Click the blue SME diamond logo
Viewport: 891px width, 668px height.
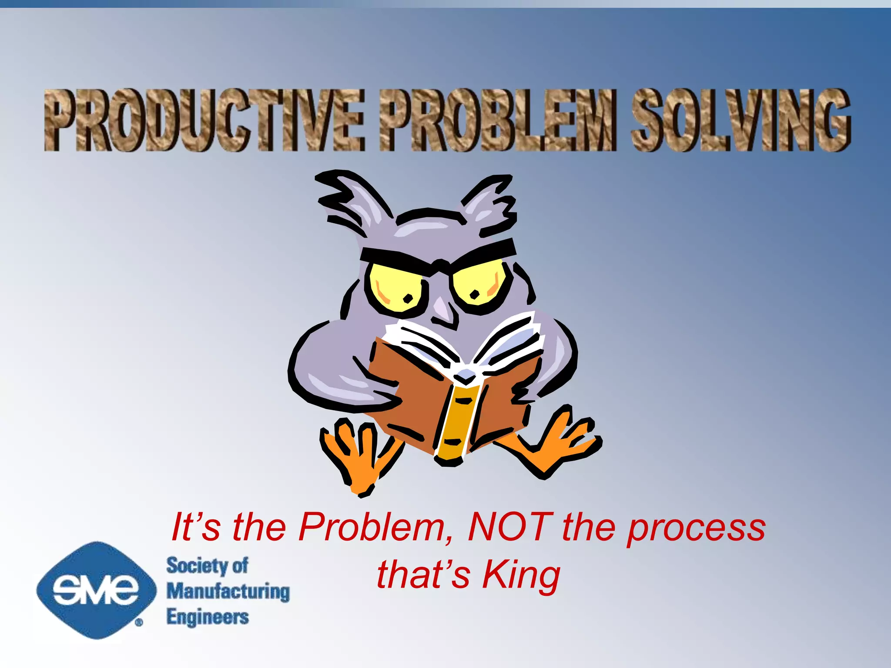point(96,590)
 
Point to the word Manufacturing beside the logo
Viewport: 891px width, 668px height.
point(228,592)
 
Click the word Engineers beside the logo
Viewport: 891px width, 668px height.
point(208,617)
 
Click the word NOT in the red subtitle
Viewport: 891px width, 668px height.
point(510,527)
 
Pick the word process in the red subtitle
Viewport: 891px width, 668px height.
point(696,528)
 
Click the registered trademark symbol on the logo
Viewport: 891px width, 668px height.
point(139,623)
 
